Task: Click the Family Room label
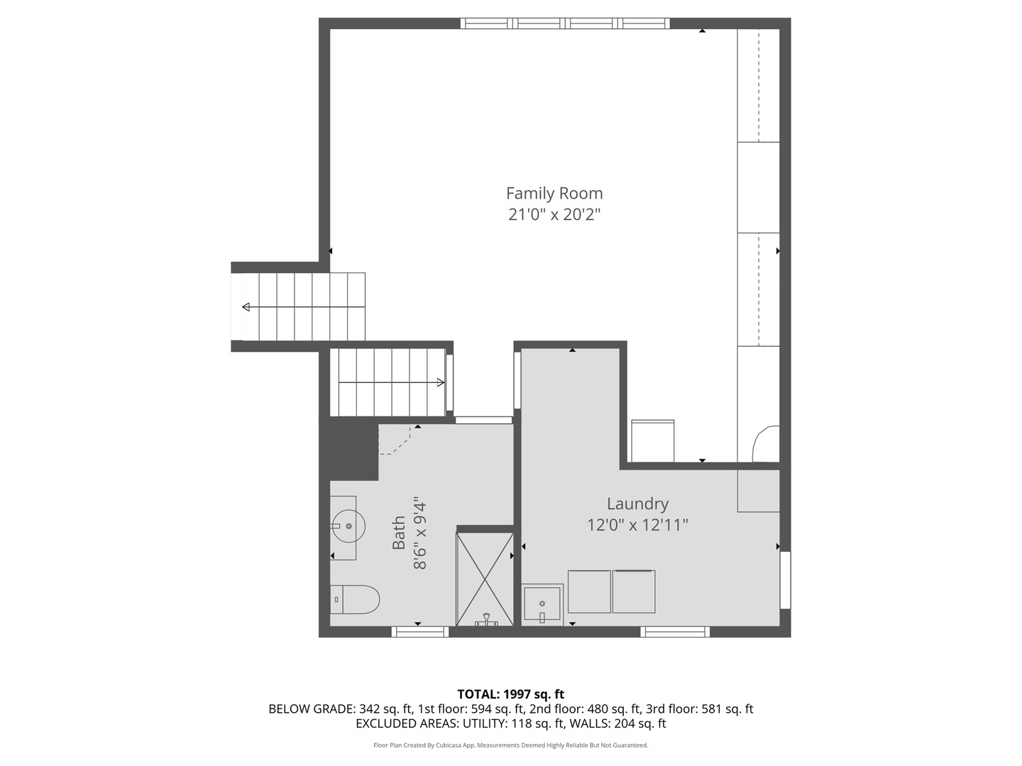(x=554, y=193)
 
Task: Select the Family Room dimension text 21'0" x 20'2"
(x=554, y=215)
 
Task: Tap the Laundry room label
(x=637, y=504)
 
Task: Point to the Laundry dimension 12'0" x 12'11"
(x=637, y=525)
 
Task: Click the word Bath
(x=399, y=533)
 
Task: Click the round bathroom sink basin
(x=348, y=526)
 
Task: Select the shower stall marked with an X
(x=485, y=579)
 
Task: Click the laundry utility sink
(x=542, y=604)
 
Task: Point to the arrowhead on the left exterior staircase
(x=246, y=307)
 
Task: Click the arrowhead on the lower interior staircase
(x=441, y=383)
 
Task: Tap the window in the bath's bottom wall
(x=420, y=631)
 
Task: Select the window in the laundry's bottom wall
(x=675, y=631)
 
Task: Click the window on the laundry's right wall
(x=785, y=580)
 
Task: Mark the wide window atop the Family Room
(x=565, y=23)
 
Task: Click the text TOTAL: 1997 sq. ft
(x=511, y=694)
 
